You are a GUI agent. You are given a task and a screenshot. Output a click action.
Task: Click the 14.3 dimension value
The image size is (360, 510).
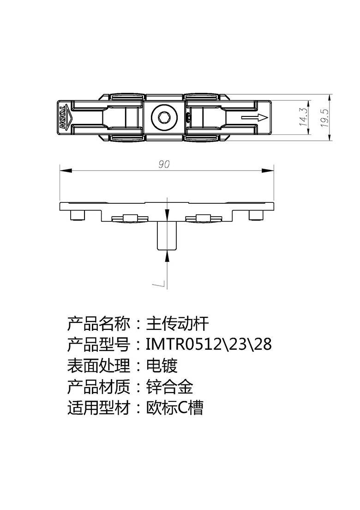tap(304, 117)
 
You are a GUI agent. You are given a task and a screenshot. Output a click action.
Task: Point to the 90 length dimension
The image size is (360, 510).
tap(164, 164)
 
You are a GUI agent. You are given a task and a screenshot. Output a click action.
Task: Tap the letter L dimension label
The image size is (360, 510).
tap(158, 285)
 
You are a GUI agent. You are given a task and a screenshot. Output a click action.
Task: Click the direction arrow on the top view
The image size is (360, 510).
tap(254, 117)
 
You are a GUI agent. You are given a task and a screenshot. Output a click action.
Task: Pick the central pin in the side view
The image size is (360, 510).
tap(167, 236)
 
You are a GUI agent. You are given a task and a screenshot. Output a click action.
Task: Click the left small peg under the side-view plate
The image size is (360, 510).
tap(78, 215)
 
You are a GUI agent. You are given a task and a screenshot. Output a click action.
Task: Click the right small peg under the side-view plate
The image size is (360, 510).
tap(256, 215)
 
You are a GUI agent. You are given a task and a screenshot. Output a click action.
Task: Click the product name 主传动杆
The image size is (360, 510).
tap(177, 323)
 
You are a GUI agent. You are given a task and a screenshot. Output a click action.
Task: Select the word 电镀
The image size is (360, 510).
tap(162, 365)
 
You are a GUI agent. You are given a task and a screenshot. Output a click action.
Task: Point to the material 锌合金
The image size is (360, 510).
tap(169, 387)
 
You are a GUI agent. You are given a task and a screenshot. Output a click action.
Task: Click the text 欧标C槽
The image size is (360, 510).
tap(175, 407)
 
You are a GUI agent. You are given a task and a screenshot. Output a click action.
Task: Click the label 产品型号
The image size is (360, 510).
tap(99, 345)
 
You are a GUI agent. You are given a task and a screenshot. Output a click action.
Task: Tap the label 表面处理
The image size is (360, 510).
tap(99, 365)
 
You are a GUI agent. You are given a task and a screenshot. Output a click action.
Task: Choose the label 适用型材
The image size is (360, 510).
tap(99, 407)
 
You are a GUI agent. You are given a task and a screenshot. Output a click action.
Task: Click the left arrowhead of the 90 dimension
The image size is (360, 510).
tap(65, 170)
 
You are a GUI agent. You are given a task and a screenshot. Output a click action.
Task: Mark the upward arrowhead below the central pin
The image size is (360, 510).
tap(167, 255)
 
